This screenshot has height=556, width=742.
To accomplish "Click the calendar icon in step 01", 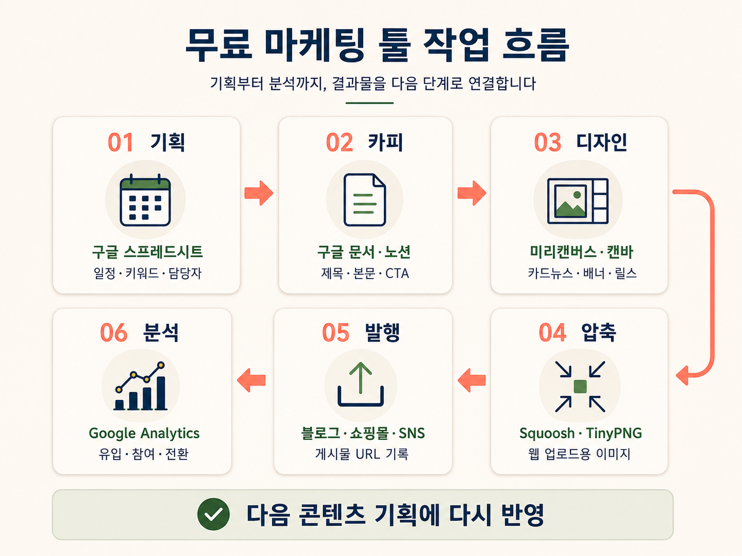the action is click(145, 200).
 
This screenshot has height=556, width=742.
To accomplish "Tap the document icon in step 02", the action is click(364, 200).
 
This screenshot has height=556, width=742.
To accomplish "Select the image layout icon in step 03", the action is click(578, 201).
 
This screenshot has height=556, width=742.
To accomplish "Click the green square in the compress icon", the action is click(580, 387).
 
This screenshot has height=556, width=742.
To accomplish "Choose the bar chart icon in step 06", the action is click(140, 386).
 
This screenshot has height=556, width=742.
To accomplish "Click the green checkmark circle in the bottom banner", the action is click(213, 514).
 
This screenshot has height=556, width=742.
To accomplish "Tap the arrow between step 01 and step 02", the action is click(259, 193).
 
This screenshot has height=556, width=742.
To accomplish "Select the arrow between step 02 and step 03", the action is click(471, 193).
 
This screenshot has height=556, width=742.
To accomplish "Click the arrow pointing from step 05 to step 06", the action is click(251, 380).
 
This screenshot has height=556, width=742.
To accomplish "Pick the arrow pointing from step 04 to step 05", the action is click(471, 380).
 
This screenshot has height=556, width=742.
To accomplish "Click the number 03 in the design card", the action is click(548, 142).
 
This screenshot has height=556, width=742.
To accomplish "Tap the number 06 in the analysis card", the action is click(114, 332).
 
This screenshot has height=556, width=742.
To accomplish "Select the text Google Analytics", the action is click(144, 434).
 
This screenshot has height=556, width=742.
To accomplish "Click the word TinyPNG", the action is click(614, 433).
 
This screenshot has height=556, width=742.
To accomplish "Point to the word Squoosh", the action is click(547, 434).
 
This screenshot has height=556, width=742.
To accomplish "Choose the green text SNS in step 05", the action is click(411, 434).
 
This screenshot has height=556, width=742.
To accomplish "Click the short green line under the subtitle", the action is click(369, 103).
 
